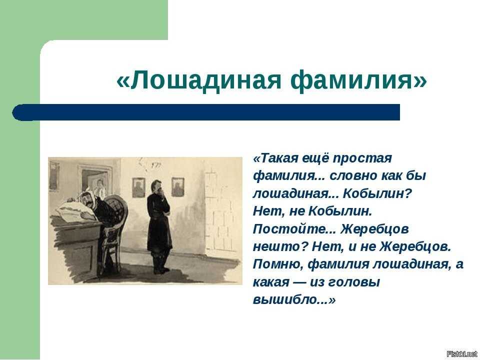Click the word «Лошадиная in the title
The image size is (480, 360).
tap(198, 79)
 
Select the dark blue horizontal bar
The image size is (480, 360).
tap(206, 112)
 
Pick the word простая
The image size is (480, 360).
tap(362, 159)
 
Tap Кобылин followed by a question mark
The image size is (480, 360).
tap(378, 194)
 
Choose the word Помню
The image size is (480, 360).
tap(278, 264)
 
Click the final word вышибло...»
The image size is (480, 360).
tap(294, 299)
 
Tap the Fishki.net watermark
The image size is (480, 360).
tap(461, 354)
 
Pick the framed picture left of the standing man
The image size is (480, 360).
tap(138, 187)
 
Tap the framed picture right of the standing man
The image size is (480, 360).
tap(178, 186)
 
